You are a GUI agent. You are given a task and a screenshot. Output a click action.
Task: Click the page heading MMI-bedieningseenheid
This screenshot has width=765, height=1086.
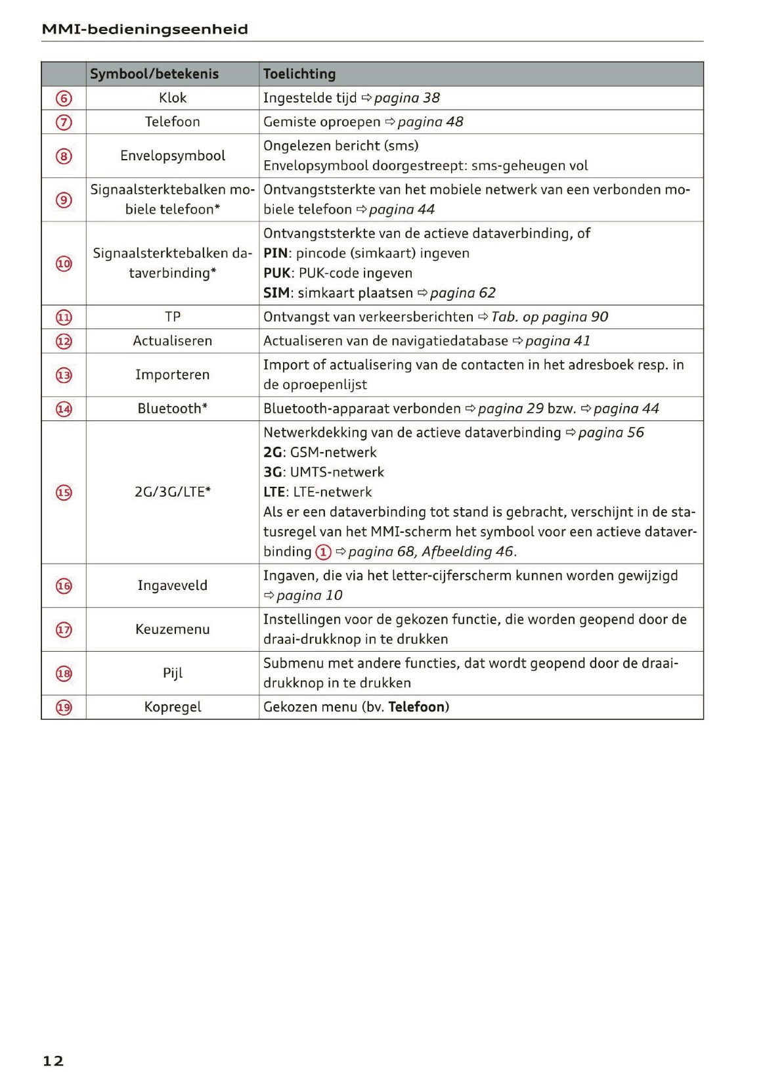(144, 29)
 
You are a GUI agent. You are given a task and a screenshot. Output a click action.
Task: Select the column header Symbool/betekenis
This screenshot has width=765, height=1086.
(154, 74)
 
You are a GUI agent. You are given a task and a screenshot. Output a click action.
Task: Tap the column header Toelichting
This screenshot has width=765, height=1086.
(299, 74)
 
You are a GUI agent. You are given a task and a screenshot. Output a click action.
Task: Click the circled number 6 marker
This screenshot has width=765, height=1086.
(64, 99)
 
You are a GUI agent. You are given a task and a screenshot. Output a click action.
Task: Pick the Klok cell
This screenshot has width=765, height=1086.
(173, 98)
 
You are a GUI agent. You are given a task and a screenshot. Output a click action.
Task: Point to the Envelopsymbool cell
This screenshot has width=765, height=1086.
(173, 156)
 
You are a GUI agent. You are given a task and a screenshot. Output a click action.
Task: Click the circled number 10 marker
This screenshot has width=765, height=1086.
(64, 263)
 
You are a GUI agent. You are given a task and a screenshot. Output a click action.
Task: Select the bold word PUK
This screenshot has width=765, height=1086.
(276, 273)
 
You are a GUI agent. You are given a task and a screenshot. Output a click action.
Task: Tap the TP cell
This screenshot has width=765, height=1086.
(173, 317)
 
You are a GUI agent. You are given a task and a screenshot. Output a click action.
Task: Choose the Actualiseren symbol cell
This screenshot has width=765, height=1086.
(173, 341)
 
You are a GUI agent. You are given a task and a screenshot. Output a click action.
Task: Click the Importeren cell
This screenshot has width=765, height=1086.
(173, 374)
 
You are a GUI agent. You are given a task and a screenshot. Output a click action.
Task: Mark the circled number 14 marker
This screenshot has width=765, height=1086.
(64, 409)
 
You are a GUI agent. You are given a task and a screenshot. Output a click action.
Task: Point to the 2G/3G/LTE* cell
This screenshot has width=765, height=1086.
(173, 492)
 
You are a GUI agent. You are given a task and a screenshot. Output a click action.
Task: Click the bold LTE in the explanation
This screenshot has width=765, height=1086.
(274, 492)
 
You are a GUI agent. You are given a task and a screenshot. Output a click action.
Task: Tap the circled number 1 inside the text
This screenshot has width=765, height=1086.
(323, 552)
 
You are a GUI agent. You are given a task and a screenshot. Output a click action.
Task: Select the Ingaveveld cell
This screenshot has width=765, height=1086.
(173, 585)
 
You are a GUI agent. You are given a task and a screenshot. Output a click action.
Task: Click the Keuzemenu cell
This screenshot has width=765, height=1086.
(173, 629)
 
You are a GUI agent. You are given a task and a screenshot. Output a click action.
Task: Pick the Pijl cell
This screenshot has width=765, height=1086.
(173, 673)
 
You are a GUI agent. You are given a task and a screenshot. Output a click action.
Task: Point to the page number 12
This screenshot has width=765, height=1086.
(53, 1060)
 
